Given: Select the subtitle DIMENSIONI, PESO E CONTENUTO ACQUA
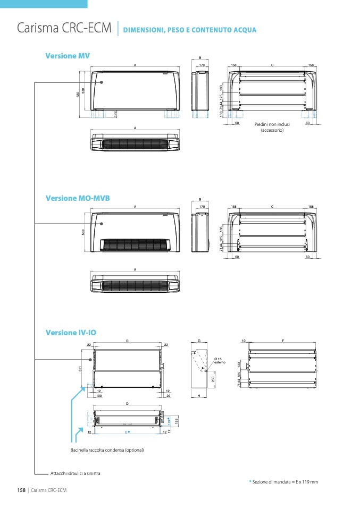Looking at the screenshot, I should (189, 30).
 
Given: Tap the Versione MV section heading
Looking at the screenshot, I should (68, 56).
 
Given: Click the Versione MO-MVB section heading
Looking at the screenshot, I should (78, 198).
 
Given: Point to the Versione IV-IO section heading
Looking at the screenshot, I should (71, 333).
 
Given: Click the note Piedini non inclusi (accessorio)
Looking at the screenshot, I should (272, 127).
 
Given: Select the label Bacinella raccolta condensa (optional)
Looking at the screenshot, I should (107, 450).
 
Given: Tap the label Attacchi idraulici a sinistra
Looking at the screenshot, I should (75, 473).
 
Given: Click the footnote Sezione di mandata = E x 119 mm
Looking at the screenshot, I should (285, 481).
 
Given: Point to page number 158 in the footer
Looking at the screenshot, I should (21, 490).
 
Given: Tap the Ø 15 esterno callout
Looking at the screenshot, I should (220, 360).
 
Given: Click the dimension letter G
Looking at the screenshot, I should (199, 340).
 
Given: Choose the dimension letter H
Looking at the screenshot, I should (199, 396).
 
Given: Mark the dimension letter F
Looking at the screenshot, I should (283, 340).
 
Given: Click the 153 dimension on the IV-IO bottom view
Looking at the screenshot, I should (176, 421).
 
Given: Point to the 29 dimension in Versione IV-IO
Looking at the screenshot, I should (168, 396).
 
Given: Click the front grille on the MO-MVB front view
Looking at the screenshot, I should (137, 244).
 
